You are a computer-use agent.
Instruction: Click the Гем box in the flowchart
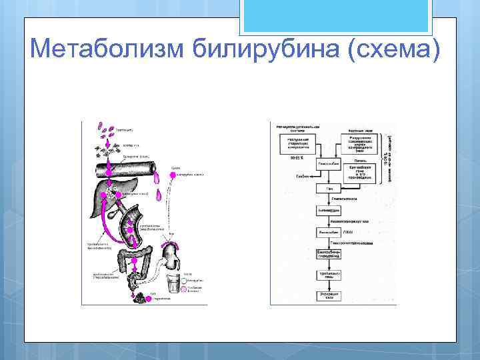pyautogui.click(x=330, y=189)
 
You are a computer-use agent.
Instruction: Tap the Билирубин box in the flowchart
pyautogui.click(x=330, y=233)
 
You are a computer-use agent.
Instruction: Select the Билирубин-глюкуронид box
pyautogui.click(x=330, y=254)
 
